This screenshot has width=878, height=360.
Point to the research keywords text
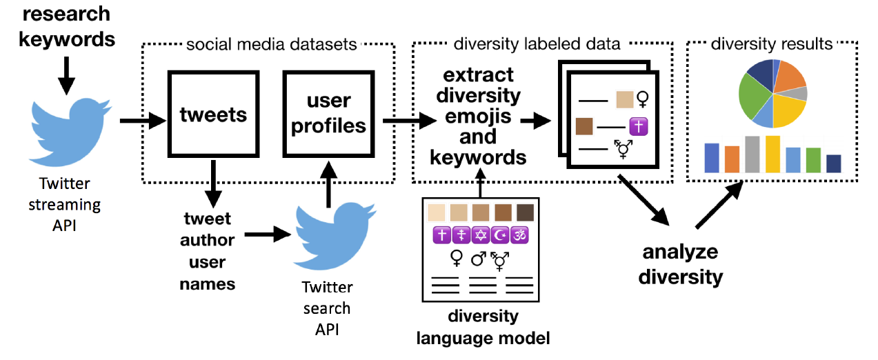66,26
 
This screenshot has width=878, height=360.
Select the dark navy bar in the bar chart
833,163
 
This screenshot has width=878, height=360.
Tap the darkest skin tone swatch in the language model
525,212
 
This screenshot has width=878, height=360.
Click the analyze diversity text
680,264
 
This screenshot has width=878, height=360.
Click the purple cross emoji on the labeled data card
636,127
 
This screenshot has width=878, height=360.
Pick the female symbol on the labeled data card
642,100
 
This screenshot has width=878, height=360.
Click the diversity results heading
771,44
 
